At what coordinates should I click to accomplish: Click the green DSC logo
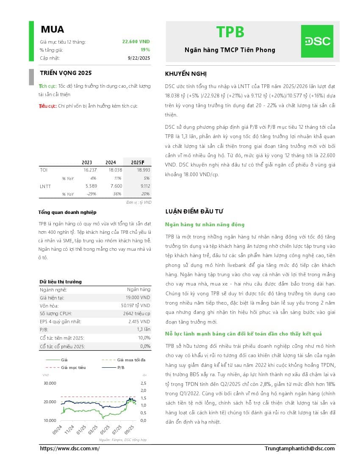tap(317, 41)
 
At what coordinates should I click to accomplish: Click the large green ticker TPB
tap(230, 32)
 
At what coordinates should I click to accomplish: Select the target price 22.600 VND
tap(136, 42)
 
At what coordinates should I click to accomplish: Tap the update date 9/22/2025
tap(138, 58)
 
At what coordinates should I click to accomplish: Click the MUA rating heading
tap(53, 30)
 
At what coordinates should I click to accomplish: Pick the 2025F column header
tap(137, 162)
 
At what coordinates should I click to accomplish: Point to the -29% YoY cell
tap(91, 194)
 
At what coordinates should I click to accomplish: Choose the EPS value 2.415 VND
tap(139, 322)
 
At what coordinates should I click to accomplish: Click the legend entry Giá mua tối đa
tap(131, 360)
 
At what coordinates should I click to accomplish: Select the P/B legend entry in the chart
tap(121, 367)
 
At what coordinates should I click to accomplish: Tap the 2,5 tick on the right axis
tap(143, 383)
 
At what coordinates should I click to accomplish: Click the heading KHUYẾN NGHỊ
tap(186, 74)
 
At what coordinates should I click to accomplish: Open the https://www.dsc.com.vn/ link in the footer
tap(69, 448)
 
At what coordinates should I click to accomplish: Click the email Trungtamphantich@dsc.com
tap(299, 448)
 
